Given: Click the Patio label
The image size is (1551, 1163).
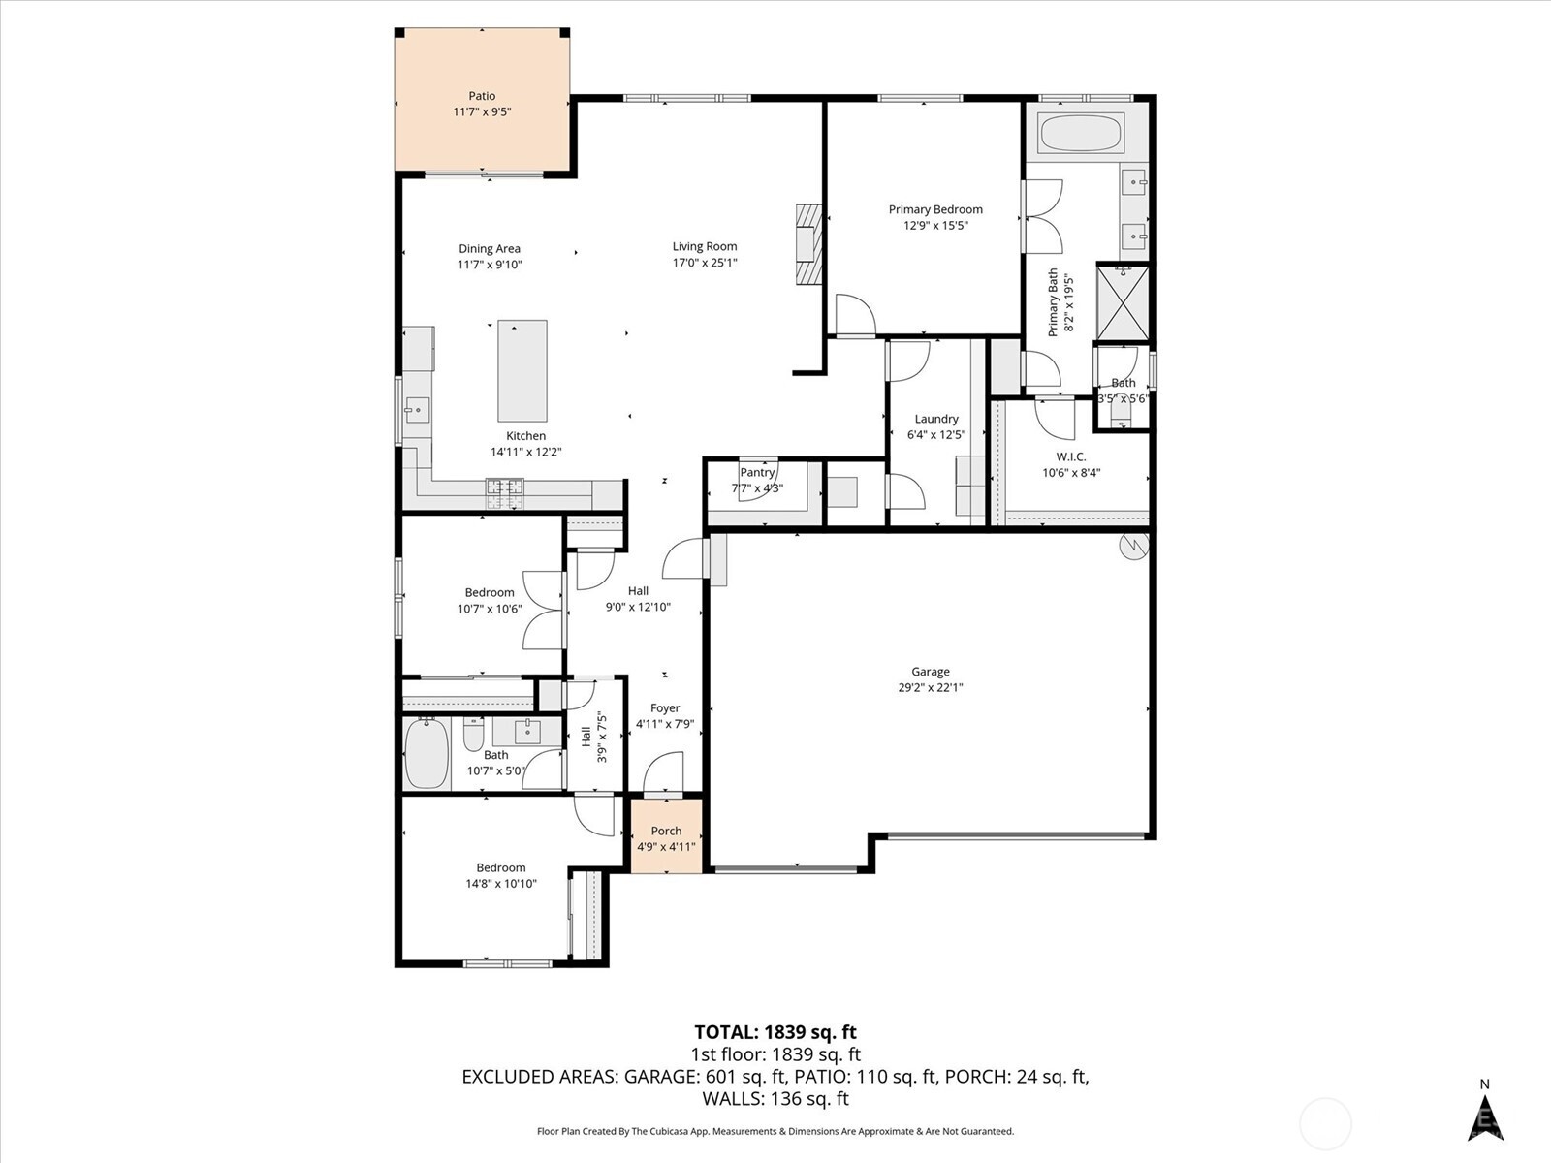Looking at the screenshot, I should [482, 96].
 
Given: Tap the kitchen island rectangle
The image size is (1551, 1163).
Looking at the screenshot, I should [522, 370].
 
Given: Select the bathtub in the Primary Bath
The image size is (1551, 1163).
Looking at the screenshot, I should [1080, 134].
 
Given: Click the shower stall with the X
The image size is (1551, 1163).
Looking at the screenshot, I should [1123, 302].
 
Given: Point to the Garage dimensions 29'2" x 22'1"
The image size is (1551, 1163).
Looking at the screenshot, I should [930, 688].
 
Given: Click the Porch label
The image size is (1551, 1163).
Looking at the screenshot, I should [666, 831].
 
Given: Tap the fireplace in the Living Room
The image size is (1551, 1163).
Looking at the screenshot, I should [807, 245].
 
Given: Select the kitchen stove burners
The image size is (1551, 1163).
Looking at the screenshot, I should [503, 493].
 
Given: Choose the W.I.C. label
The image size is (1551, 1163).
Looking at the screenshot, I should [1070, 456].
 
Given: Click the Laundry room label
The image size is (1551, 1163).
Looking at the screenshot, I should [935, 419].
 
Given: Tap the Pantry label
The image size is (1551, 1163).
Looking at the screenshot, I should [757, 472].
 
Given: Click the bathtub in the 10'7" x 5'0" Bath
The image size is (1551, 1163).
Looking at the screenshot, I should [427, 753].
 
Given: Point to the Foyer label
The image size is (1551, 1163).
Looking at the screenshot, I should [665, 708].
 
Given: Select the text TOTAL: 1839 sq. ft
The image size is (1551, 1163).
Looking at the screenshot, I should [775, 1032].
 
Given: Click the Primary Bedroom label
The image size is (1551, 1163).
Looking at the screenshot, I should [935, 209].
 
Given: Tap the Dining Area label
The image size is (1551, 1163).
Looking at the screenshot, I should [490, 248].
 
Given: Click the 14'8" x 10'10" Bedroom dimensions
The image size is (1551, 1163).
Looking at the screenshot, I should [500, 884].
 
